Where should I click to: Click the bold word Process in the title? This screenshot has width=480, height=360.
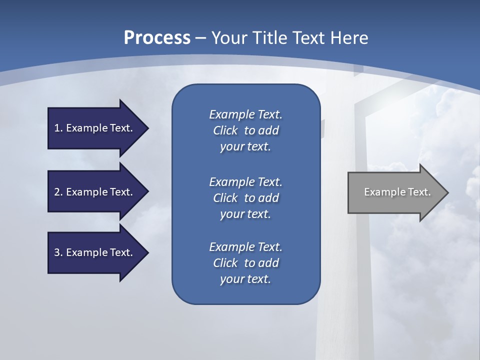(157, 38)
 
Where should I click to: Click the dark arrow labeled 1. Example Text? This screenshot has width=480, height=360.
(95, 128)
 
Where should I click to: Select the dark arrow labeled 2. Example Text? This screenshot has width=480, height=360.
(95, 192)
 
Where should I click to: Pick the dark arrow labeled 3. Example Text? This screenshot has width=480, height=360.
(95, 252)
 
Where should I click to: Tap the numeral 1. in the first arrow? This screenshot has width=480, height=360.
(58, 128)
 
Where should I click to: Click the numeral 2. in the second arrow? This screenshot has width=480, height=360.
(58, 192)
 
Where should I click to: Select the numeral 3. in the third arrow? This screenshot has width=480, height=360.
(58, 252)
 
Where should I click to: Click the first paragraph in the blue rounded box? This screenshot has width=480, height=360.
(245, 130)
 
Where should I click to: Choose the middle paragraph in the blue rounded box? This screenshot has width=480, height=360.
(245, 197)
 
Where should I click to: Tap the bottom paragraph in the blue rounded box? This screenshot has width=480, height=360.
(245, 263)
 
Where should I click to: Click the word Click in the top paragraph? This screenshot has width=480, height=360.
(225, 130)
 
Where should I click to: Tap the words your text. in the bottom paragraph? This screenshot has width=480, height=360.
(245, 279)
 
